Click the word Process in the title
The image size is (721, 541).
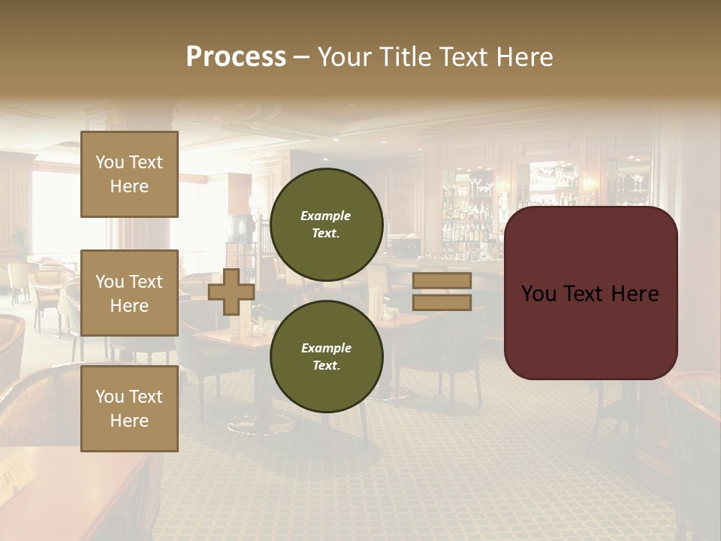point(236,57)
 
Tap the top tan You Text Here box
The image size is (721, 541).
point(129,174)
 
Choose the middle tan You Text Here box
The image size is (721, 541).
point(129,293)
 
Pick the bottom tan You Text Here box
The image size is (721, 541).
point(129,409)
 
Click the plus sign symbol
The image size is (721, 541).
point(231,292)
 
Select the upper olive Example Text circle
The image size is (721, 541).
point(326,225)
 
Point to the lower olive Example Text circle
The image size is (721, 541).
point(326,357)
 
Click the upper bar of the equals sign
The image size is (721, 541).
point(442,280)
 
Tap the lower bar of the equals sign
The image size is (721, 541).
point(442,303)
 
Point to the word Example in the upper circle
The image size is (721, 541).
point(325,216)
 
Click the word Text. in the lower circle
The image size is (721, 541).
point(325,366)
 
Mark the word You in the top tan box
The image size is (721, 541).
point(109,162)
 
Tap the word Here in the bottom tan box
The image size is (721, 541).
point(129,421)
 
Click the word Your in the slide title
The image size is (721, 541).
point(345,57)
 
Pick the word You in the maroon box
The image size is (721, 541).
point(538,293)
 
